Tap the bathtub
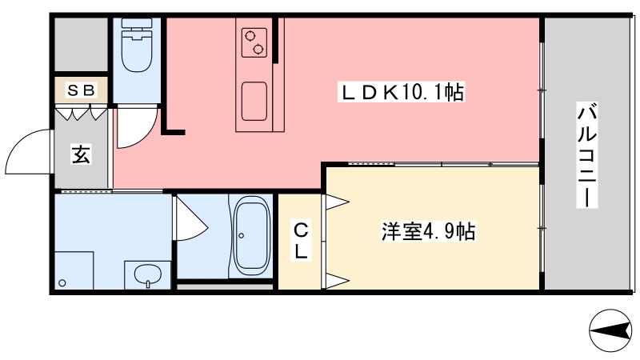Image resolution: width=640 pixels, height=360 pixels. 251,236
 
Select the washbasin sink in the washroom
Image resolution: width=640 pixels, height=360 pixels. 148,275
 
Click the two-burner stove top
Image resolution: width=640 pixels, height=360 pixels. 254,42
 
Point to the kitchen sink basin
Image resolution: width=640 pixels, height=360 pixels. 254,101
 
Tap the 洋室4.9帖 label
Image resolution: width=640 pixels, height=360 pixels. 428,233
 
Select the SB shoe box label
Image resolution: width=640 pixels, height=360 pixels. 80,90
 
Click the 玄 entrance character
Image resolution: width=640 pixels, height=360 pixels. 81,153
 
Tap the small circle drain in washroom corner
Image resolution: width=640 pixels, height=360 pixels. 63,282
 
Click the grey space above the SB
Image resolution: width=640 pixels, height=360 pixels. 80,44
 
